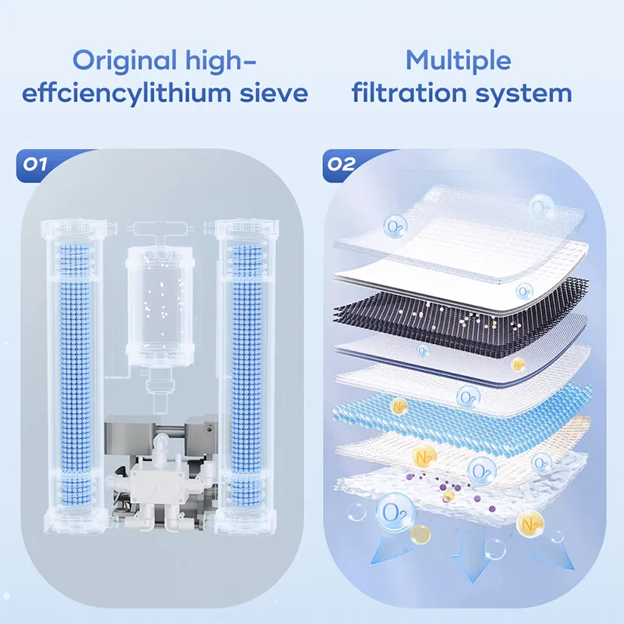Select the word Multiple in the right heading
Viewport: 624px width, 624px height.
pyautogui.click(x=459, y=61)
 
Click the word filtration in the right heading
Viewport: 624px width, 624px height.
pyautogui.click(x=409, y=93)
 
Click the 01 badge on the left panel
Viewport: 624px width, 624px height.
pyautogui.click(x=35, y=164)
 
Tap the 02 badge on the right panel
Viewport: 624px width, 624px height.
pyautogui.click(x=341, y=164)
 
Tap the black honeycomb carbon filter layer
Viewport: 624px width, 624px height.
pyautogui.click(x=462, y=314)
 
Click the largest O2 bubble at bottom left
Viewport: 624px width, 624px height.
pyautogui.click(x=395, y=512)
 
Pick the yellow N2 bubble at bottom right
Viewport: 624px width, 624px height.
pyautogui.click(x=530, y=524)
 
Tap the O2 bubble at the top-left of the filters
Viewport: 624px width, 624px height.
pyautogui.click(x=395, y=227)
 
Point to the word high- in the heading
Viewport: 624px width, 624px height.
pyautogui.click(x=221, y=61)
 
